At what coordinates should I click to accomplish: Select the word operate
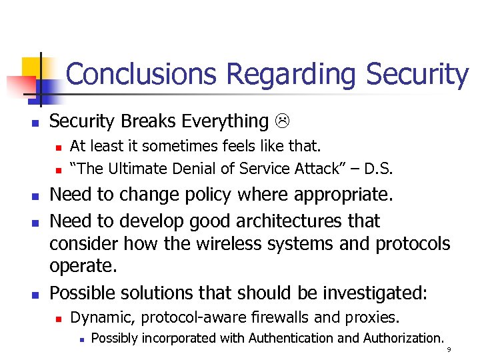[x=83, y=267]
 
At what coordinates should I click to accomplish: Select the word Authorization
[x=403, y=338]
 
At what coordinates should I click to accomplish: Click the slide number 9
[x=449, y=350]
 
